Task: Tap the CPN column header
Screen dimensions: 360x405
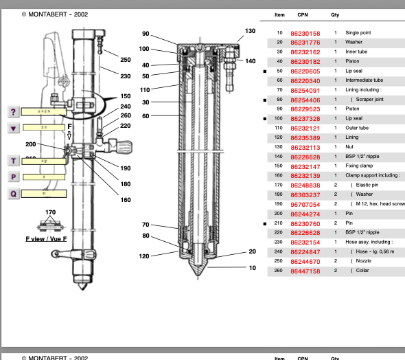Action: point(303,14)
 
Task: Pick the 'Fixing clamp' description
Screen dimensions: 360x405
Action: point(361,166)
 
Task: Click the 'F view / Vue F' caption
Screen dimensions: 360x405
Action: point(46,238)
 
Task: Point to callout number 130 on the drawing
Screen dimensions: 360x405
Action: point(250,31)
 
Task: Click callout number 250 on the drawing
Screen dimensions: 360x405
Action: point(126,60)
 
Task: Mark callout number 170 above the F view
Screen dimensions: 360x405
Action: point(50,213)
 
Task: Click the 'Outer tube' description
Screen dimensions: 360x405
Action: point(357,128)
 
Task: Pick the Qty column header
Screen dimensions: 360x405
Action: point(335,14)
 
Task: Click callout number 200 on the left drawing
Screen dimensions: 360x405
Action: point(31,144)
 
